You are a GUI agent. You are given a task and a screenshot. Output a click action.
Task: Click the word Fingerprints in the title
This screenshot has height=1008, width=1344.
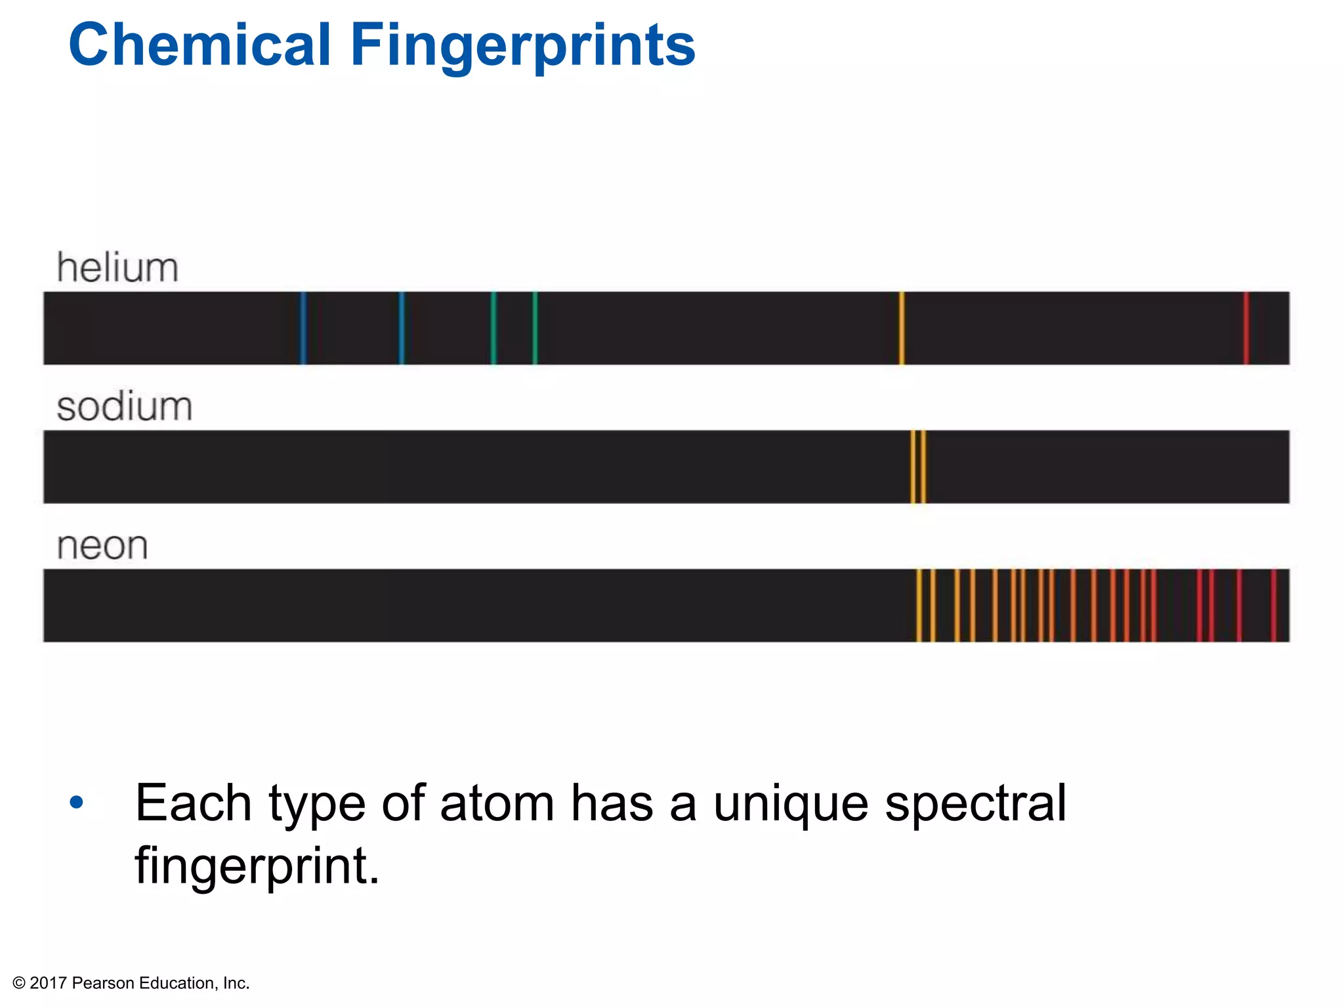[x=522, y=46]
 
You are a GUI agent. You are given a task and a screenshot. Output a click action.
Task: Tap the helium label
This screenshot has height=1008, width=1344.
[x=117, y=268]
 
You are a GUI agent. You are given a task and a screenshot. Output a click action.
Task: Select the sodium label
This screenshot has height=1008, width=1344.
[x=125, y=407]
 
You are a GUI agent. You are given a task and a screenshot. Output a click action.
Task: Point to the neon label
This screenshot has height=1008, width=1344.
[x=102, y=546]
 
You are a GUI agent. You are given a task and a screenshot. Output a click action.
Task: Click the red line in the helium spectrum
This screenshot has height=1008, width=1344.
[x=1246, y=328]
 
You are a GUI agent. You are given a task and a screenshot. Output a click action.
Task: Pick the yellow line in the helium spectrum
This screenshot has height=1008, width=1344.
[x=902, y=328]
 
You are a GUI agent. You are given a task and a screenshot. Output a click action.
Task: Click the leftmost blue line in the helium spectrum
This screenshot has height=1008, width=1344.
[x=303, y=328]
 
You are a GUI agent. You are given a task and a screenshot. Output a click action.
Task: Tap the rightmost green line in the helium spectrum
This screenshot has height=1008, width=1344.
[x=535, y=328]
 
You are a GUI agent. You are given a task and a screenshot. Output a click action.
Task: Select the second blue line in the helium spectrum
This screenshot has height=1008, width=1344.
[x=402, y=328]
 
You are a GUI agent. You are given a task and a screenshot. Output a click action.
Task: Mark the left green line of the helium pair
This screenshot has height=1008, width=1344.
[x=493, y=328]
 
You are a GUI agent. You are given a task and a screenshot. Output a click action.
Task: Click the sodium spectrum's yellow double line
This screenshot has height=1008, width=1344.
[x=918, y=467]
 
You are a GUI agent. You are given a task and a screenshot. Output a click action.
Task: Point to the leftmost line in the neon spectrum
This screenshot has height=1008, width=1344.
[x=919, y=605]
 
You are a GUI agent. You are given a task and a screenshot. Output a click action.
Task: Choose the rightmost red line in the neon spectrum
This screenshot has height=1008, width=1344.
[x=1273, y=605]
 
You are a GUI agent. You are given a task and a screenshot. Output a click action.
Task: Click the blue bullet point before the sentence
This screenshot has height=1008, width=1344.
[x=77, y=802]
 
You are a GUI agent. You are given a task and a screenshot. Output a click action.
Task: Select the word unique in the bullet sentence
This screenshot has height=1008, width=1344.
[x=791, y=805]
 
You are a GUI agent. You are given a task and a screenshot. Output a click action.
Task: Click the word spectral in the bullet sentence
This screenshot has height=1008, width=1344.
[x=975, y=805]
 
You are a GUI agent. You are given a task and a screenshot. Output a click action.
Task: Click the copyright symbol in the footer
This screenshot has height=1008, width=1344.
[x=19, y=983]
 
